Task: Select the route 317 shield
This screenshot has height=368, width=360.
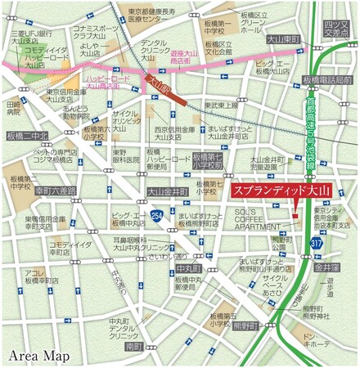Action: (315, 243)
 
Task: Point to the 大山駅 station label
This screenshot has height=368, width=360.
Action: (155, 83)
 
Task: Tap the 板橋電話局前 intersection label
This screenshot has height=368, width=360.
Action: (326, 80)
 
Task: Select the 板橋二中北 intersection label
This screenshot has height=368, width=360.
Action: (28, 136)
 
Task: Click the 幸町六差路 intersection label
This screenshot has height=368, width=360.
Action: (56, 190)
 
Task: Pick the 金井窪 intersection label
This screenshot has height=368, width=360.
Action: (326, 267)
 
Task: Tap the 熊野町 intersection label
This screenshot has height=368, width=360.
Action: (245, 325)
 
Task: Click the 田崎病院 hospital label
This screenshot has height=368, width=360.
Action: (13, 110)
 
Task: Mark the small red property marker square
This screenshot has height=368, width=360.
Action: (295, 214)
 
